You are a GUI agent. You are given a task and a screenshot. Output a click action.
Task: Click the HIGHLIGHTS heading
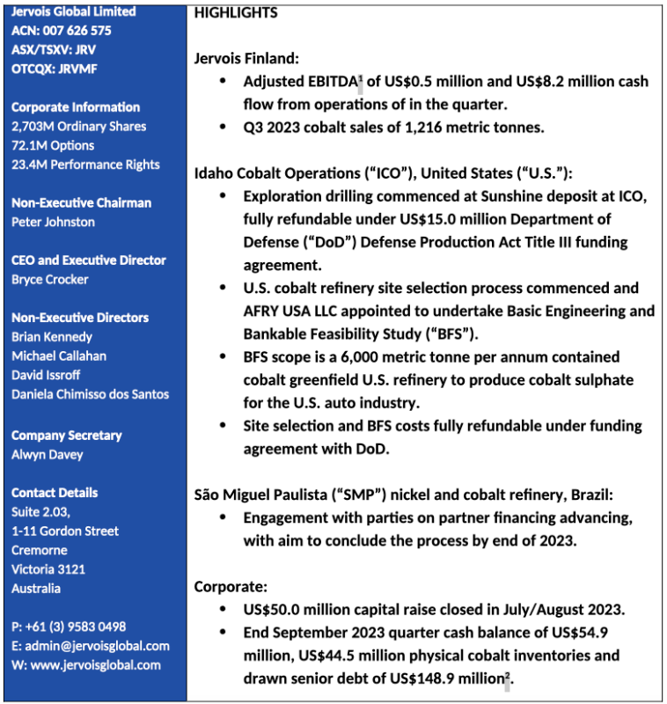point(236,12)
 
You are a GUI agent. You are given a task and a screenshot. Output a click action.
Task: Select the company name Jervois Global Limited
point(73,11)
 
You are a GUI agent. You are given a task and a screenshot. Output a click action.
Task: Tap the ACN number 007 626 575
point(61,31)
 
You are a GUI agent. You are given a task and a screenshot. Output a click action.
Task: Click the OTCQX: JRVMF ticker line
point(54,69)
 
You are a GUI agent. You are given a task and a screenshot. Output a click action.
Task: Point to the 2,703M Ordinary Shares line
point(78,126)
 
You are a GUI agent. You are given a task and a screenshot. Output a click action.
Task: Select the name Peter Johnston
point(53,222)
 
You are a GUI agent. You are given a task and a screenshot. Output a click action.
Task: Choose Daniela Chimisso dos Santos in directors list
point(90,393)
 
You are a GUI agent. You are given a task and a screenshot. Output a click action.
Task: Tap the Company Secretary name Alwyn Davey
point(48,454)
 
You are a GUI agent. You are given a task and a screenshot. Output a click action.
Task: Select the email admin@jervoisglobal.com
point(98,645)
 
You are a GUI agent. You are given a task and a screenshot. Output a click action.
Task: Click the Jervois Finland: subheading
point(246,59)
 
